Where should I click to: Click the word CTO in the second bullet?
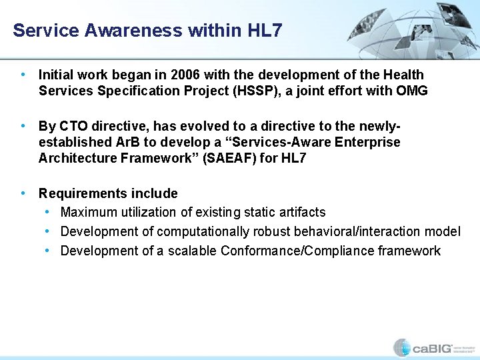coord(73,126)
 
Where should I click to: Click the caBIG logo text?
coord(431,347)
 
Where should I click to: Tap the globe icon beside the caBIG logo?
coord(401,347)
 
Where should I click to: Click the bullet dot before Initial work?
coord(23,75)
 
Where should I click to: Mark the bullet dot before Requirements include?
coord(23,193)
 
